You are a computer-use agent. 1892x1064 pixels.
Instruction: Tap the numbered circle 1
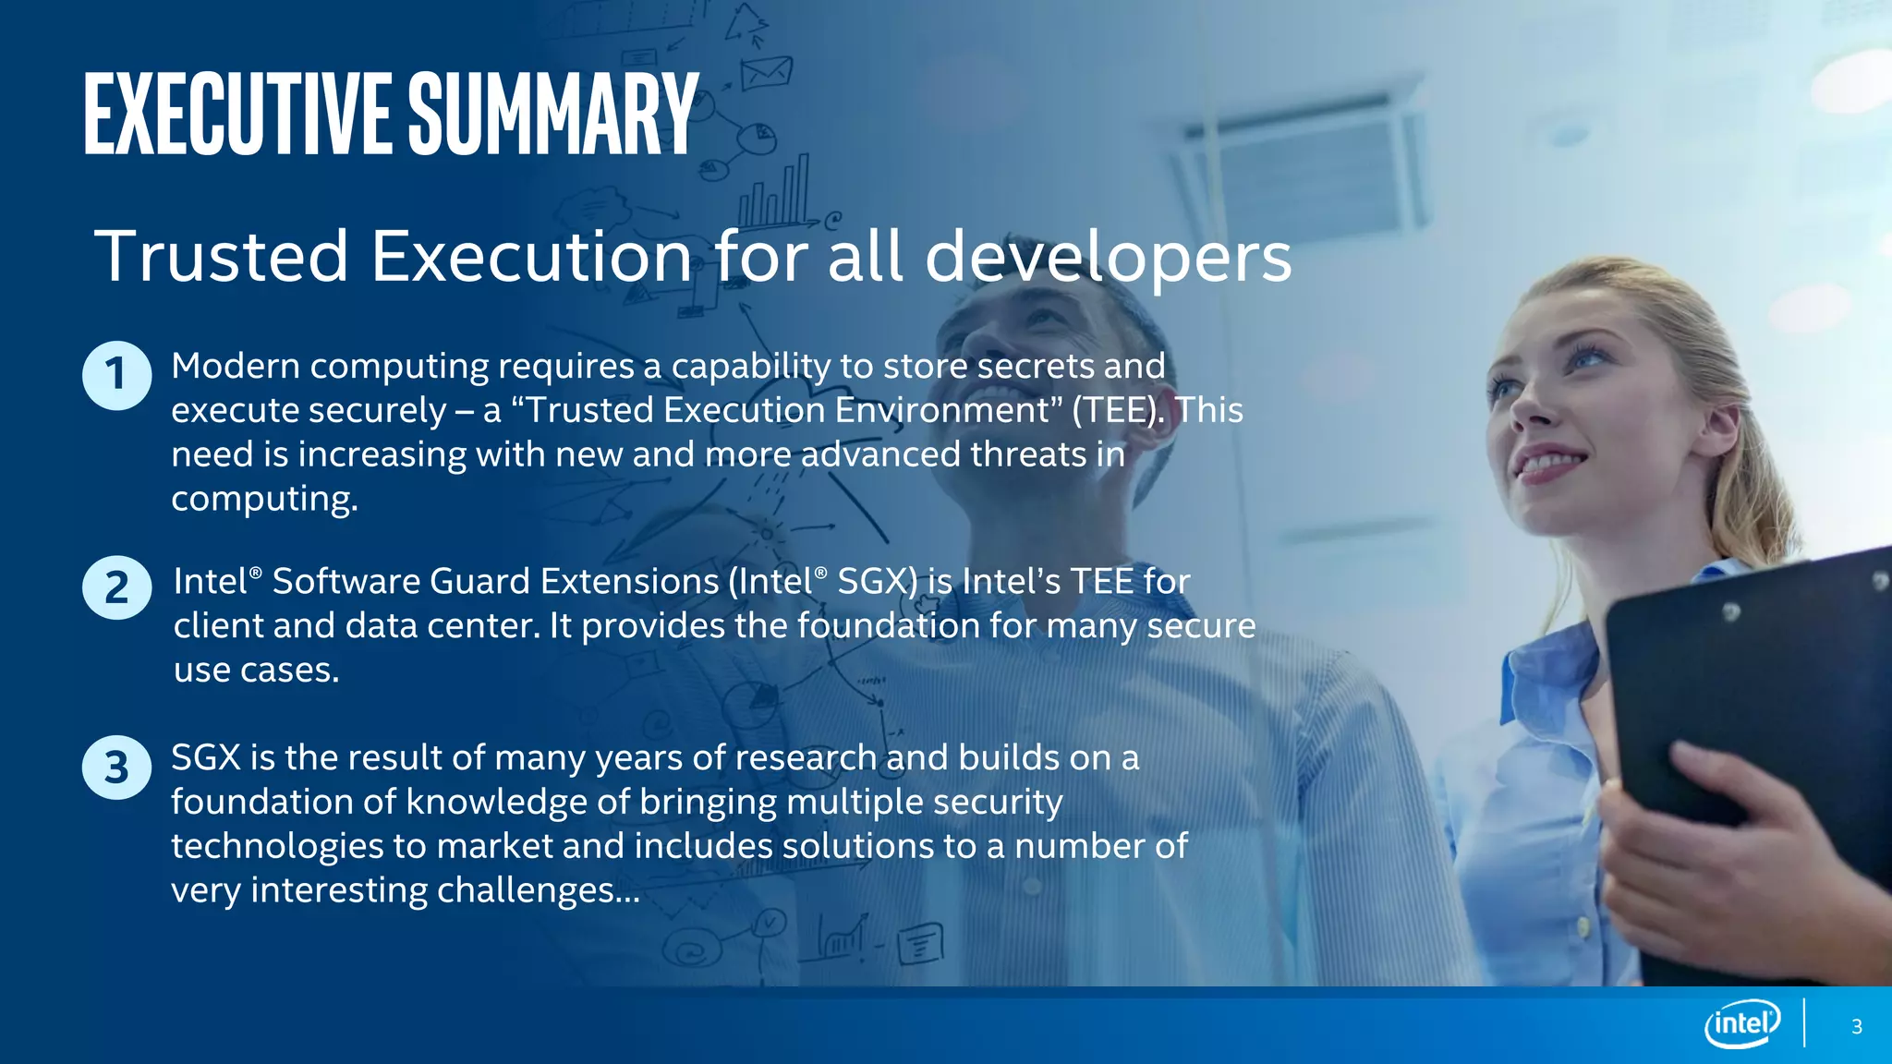pyautogui.click(x=116, y=375)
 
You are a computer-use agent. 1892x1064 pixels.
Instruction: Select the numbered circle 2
pyautogui.click(x=116, y=587)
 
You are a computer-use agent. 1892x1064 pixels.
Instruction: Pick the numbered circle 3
pyautogui.click(x=116, y=767)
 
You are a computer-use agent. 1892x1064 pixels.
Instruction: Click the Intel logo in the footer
pyautogui.click(x=1742, y=1023)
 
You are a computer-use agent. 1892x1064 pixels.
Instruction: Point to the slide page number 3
pyautogui.click(x=1857, y=1027)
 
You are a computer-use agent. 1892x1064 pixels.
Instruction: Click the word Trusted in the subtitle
pyautogui.click(x=222, y=256)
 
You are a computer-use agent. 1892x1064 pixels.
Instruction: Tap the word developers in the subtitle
pyautogui.click(x=1108, y=258)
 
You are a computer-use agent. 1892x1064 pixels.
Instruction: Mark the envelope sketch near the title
pyautogui.click(x=766, y=71)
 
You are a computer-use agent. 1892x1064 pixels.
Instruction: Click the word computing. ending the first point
pyautogui.click(x=264, y=500)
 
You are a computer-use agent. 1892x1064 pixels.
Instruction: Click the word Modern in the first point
pyautogui.click(x=236, y=367)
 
